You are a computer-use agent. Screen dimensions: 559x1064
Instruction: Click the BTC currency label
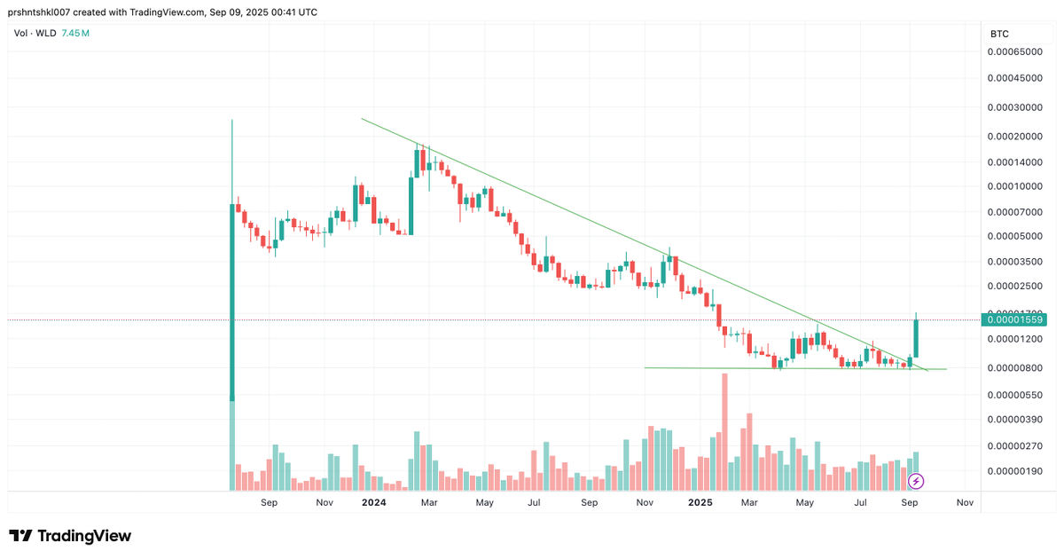click(999, 34)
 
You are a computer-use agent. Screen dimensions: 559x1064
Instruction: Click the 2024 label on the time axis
click(373, 503)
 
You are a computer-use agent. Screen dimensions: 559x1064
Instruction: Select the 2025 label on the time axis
click(700, 503)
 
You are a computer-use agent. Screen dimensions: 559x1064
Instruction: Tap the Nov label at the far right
click(965, 503)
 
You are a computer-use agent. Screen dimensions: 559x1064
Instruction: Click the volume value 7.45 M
click(74, 34)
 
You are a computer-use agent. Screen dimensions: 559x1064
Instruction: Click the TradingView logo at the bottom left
click(71, 536)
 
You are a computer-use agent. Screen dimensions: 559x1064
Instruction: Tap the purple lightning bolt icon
click(917, 481)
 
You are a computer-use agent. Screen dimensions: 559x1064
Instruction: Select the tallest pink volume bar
click(724, 431)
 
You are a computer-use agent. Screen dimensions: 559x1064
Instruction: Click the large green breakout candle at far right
click(916, 338)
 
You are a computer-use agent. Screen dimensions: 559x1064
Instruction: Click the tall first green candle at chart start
click(232, 302)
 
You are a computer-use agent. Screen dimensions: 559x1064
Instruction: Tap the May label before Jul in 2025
click(804, 503)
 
